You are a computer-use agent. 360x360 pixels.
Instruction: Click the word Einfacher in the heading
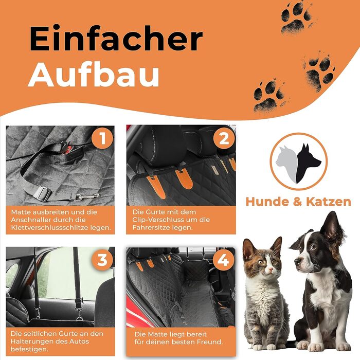(x=116, y=39)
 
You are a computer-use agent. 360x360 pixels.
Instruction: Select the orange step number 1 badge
(x=102, y=138)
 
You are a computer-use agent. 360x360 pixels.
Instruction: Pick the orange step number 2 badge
(x=224, y=138)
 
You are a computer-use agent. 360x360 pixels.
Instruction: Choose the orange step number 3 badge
(x=102, y=260)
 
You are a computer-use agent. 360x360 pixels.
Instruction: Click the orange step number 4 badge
(x=223, y=260)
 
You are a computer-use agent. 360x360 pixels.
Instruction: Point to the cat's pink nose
(x=270, y=268)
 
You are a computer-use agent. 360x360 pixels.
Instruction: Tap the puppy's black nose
(x=298, y=261)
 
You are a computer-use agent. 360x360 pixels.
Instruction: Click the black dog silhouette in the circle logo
(x=307, y=163)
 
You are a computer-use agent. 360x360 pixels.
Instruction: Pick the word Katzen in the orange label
(x=329, y=202)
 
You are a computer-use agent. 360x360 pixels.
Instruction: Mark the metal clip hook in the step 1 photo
(x=85, y=197)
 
